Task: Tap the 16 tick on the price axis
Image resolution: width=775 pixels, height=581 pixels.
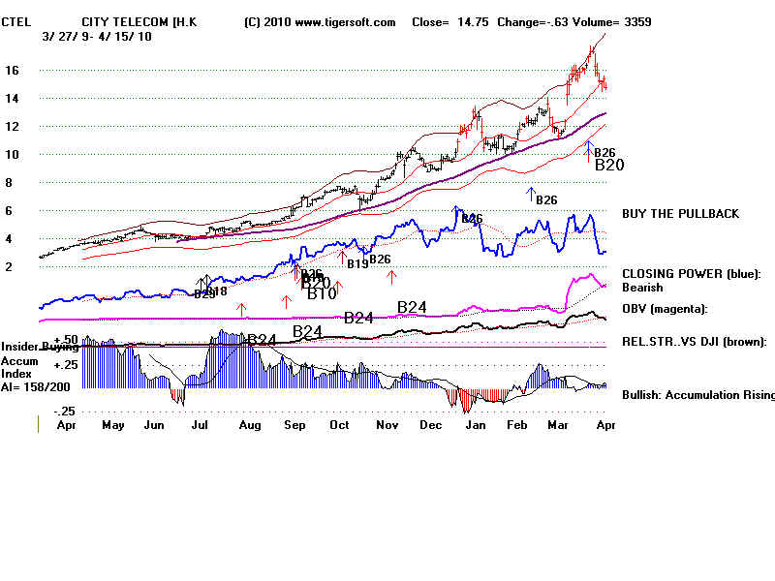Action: tap(13, 71)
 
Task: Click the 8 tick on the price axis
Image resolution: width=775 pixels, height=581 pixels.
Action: tap(9, 183)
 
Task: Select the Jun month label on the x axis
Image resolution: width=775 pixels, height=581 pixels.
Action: tap(152, 425)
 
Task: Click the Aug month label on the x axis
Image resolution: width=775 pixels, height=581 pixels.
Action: tap(249, 425)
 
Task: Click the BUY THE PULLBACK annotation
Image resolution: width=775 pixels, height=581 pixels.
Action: tap(680, 213)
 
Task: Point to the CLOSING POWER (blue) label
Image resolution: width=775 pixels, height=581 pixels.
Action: tap(691, 274)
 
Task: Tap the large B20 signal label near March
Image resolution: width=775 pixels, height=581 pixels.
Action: tap(609, 166)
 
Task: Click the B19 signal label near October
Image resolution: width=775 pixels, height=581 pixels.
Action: tap(356, 263)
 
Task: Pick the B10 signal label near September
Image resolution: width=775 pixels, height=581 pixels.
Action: tap(322, 293)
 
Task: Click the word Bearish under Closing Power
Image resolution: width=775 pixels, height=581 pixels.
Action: tap(642, 288)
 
